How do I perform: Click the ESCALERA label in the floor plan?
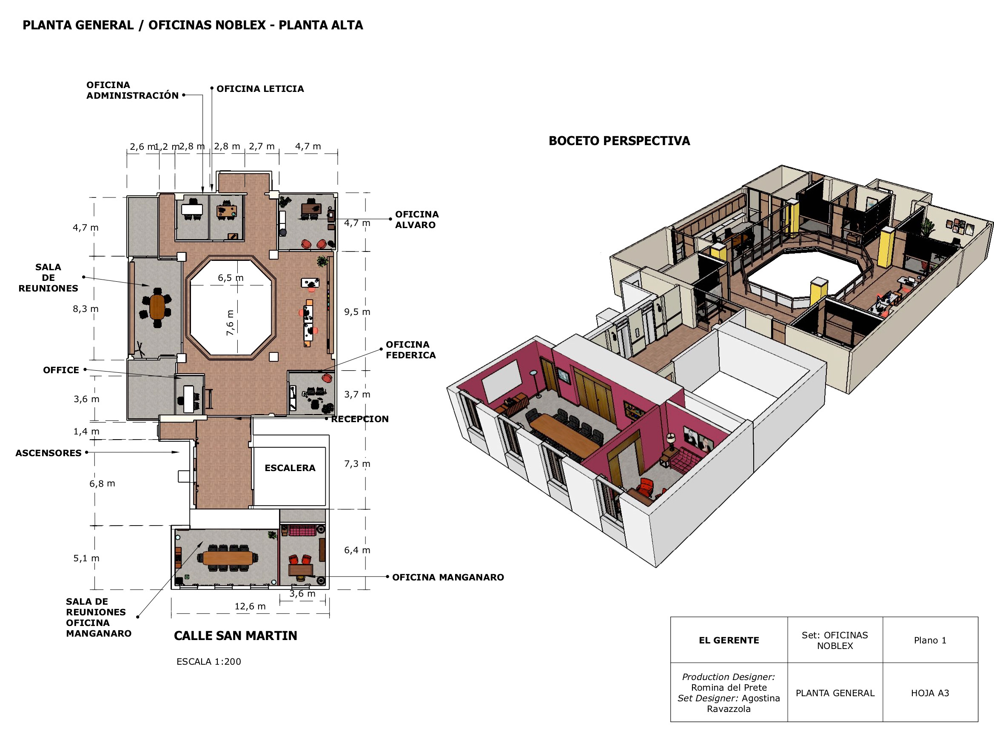(290, 468)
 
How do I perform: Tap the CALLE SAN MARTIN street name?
(236, 636)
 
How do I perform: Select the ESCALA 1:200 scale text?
(208, 661)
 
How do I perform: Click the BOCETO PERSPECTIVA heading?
(619, 141)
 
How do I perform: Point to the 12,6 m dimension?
(250, 606)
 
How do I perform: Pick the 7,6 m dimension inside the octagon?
(230, 323)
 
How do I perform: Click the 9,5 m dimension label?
(357, 312)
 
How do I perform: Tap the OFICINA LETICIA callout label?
(260, 89)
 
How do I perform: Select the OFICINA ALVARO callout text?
(416, 220)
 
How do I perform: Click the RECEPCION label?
(360, 419)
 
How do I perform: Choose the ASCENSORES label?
(48, 453)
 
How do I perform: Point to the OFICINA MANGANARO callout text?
(448, 577)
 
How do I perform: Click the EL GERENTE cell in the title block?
(729, 640)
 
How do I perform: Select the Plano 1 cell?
(930, 640)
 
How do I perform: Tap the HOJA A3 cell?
(930, 693)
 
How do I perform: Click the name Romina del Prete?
(729, 688)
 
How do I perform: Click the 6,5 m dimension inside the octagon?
(231, 278)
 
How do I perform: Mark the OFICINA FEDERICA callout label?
(411, 350)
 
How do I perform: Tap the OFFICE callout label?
(61, 370)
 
